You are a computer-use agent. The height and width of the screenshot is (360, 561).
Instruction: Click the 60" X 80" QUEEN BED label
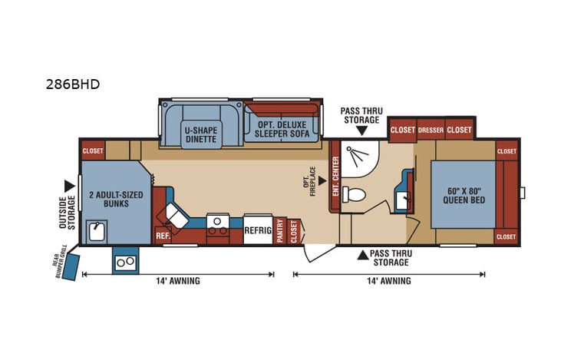(x=462, y=195)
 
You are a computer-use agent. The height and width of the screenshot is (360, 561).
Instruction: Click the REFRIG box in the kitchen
(x=258, y=229)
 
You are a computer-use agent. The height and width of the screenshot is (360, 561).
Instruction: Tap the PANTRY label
(x=281, y=231)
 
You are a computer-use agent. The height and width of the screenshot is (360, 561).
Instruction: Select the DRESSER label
(x=431, y=130)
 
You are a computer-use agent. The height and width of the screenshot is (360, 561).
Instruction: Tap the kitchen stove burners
(x=218, y=224)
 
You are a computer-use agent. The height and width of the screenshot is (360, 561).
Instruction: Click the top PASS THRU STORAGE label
(x=361, y=115)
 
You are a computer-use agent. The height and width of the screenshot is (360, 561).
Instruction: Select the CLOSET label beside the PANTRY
(x=294, y=231)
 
